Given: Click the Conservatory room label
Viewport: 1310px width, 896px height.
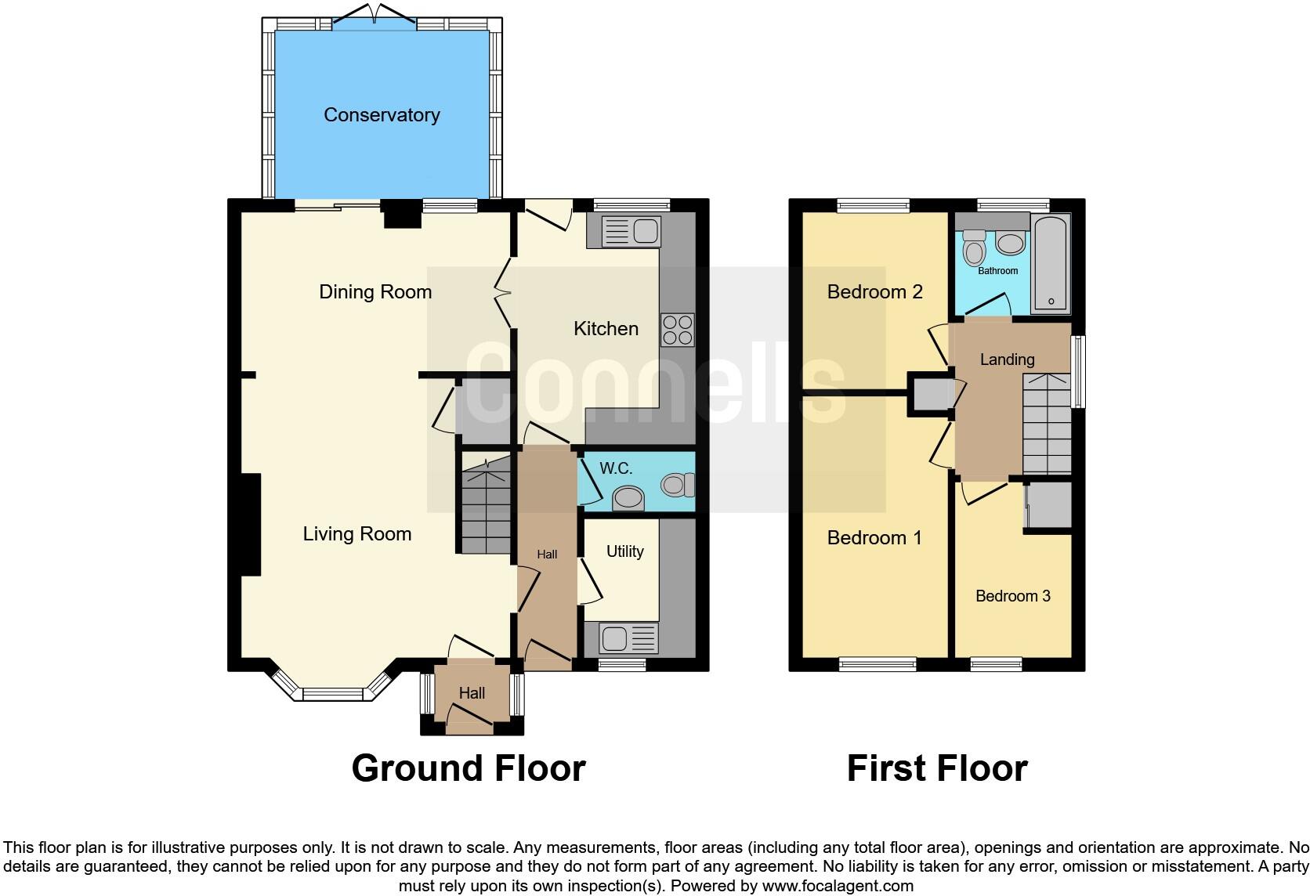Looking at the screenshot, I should (382, 115).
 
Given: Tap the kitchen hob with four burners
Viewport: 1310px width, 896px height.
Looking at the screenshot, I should (678, 329).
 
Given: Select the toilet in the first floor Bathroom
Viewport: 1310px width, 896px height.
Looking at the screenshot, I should (974, 248).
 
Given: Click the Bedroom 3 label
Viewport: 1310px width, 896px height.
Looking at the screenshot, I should (1012, 596).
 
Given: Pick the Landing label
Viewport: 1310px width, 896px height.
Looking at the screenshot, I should (1007, 359).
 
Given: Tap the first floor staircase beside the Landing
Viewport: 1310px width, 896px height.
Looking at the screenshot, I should (1047, 424).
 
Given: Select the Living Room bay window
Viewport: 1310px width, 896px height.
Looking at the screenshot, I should (333, 692).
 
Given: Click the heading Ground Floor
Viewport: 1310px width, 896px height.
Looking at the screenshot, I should (468, 768).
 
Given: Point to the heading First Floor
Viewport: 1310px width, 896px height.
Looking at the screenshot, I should (936, 768).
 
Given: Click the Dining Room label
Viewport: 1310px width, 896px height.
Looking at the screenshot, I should (375, 292).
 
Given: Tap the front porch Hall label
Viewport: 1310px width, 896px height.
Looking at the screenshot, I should (472, 693).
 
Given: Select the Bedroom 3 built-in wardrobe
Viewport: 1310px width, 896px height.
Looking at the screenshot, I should (1049, 505).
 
